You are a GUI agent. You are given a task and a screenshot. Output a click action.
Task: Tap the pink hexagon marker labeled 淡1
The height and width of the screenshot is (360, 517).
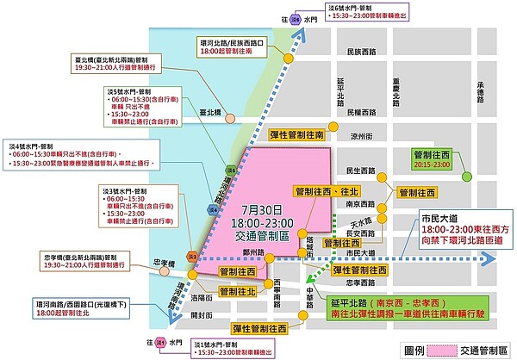point(160,343)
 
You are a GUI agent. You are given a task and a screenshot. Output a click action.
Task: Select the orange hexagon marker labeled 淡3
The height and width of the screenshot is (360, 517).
point(194,256)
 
